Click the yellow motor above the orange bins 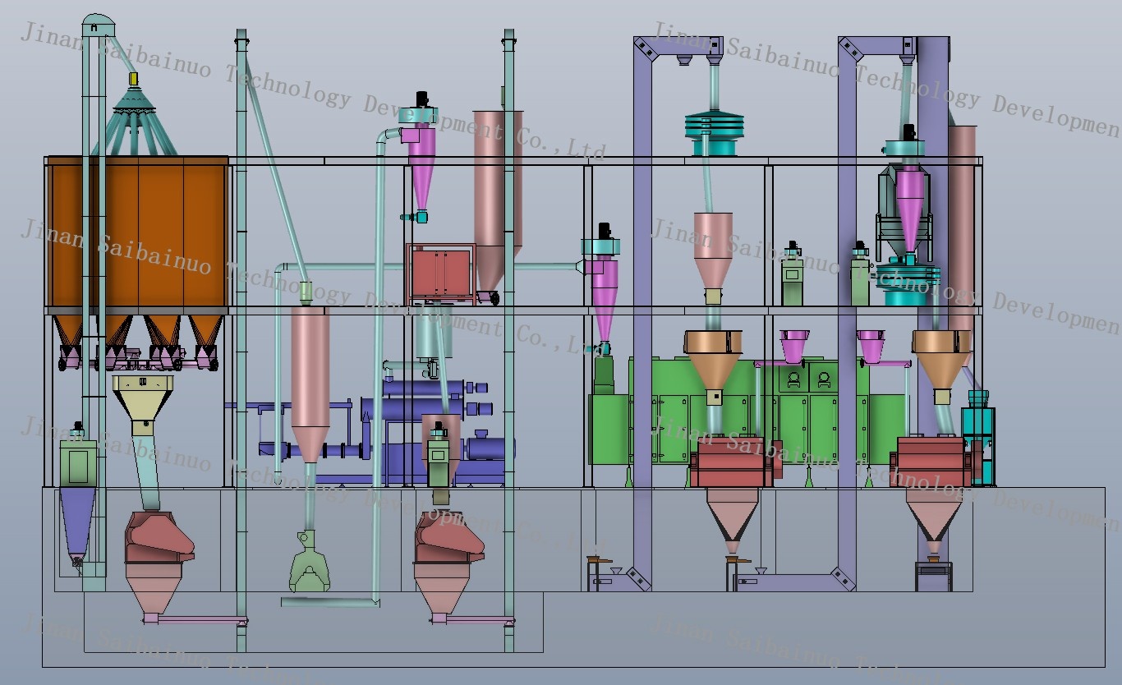(132, 79)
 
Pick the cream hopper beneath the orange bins (143, 398)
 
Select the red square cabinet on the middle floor (440, 273)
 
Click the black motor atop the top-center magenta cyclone (423, 99)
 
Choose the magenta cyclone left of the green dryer (602, 292)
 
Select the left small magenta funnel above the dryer (793, 345)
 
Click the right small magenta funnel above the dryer (871, 345)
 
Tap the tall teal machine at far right (977, 439)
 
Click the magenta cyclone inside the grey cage (909, 205)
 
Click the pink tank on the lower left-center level (310, 378)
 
